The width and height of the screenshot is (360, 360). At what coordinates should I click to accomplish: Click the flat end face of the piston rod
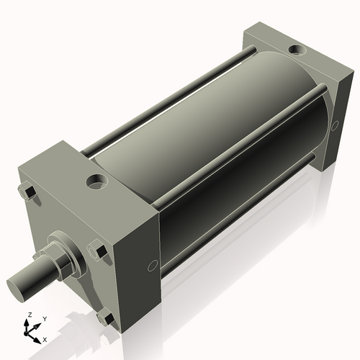(x=19, y=283)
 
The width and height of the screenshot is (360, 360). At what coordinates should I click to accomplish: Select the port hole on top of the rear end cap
(x=294, y=50)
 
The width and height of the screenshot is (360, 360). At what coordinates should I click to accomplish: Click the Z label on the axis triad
(x=30, y=315)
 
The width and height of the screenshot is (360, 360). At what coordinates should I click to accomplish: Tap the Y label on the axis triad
(x=44, y=318)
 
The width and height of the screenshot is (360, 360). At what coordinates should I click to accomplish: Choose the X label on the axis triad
(x=45, y=338)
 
